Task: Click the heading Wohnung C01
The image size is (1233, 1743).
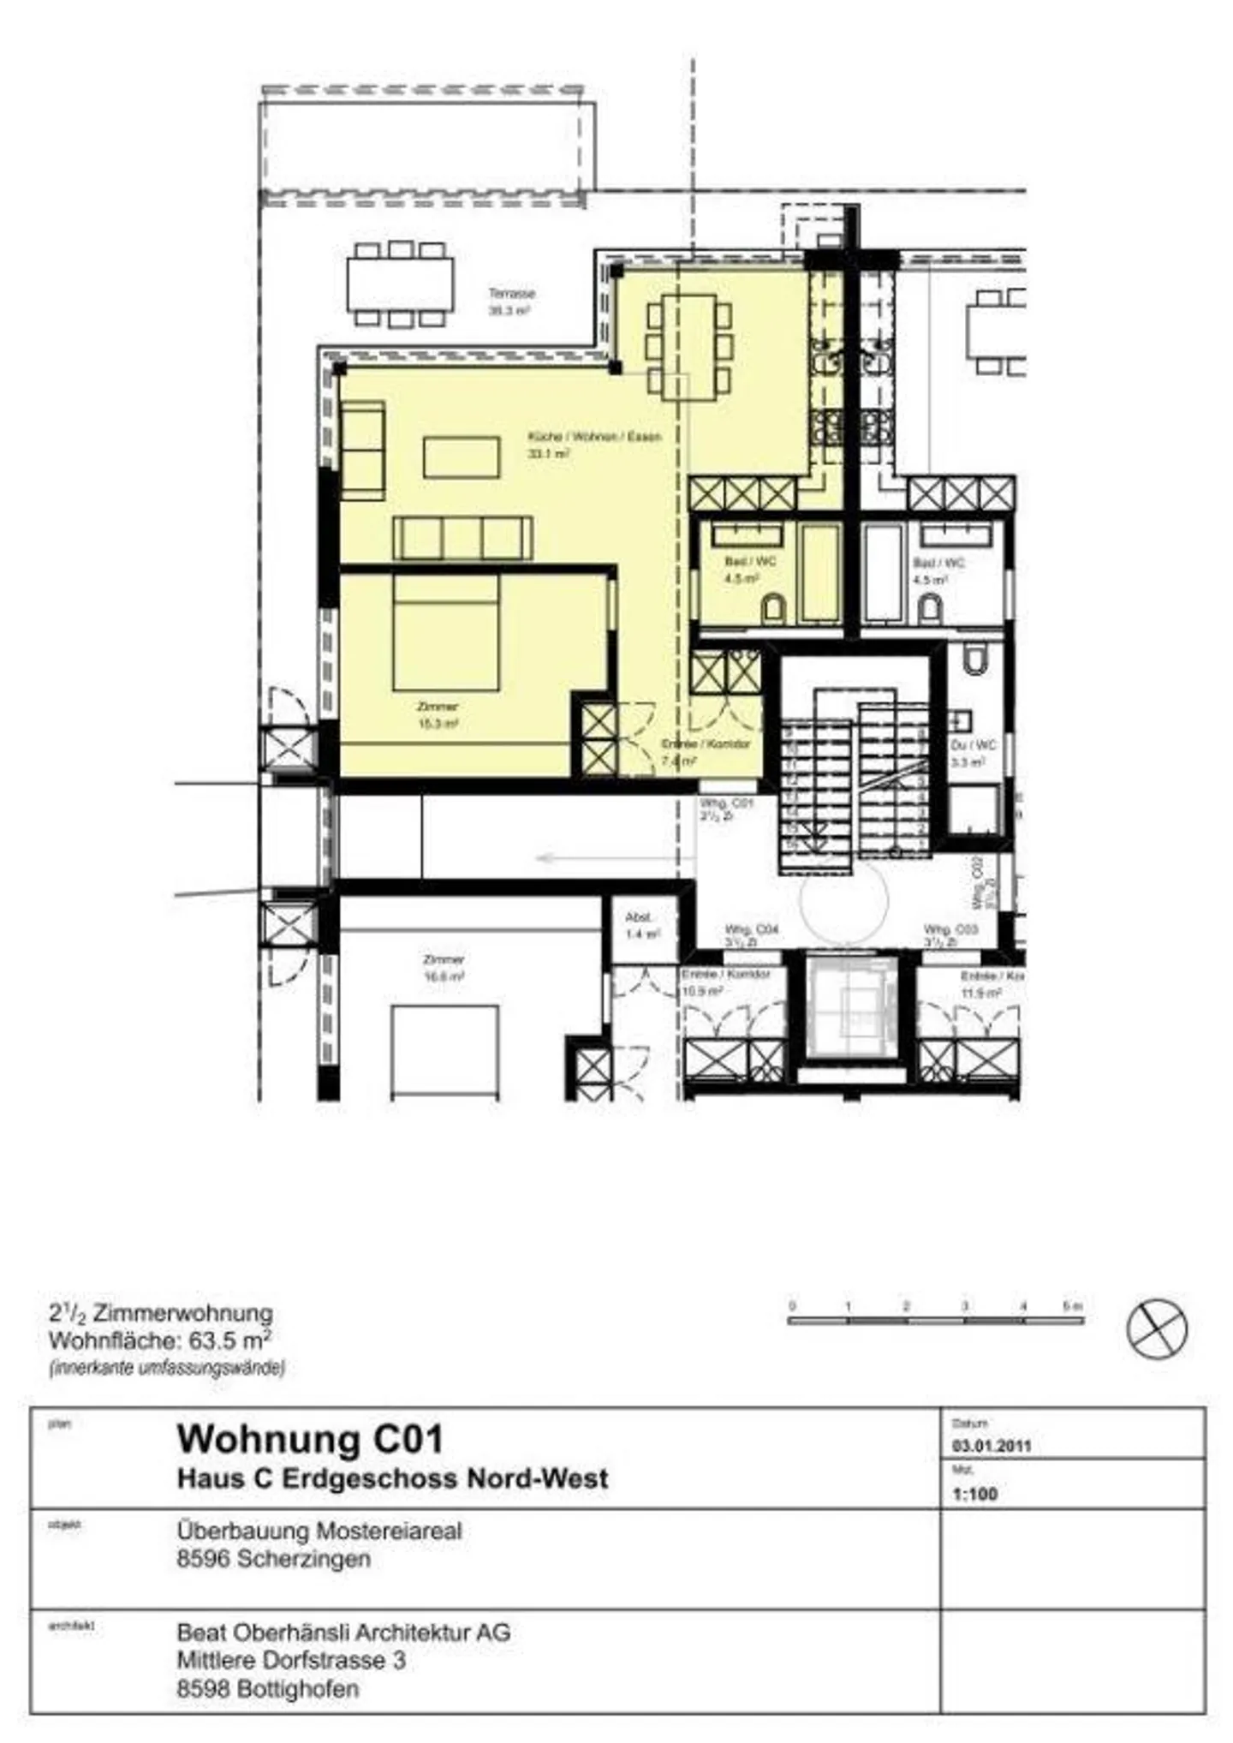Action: [310, 1439]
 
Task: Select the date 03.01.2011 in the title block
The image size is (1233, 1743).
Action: [991, 1447]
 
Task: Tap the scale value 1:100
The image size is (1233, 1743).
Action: [974, 1495]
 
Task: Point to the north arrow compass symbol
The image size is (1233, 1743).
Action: [1157, 1328]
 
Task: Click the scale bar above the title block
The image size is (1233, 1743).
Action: [935, 1320]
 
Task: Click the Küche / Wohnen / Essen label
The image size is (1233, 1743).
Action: [594, 438]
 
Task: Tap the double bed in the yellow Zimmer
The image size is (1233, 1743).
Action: [445, 633]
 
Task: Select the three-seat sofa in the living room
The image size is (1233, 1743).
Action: [462, 538]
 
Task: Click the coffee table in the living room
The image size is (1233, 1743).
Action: [462, 457]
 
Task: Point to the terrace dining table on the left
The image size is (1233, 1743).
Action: [400, 284]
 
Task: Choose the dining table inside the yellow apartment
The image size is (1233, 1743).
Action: [689, 347]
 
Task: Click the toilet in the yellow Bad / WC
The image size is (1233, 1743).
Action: [773, 608]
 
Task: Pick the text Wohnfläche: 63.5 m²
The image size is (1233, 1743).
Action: [161, 1340]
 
